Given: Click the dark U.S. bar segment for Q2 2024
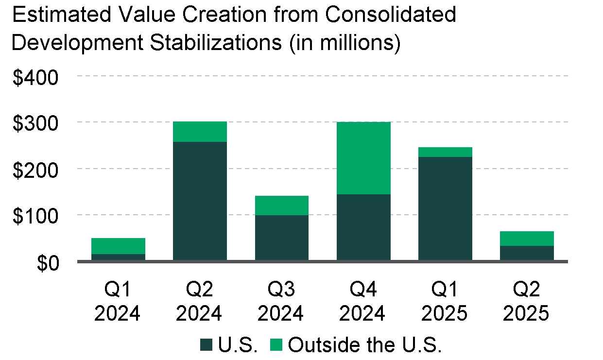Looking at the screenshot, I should tap(200, 201).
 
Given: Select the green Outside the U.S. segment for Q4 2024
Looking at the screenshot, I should tap(363, 158).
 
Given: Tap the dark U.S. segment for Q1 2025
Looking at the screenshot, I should tap(445, 209).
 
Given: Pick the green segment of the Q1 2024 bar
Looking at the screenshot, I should tap(118, 246).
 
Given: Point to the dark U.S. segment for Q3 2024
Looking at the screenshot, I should tap(282, 238).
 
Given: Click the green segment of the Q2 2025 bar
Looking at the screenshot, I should tap(527, 239).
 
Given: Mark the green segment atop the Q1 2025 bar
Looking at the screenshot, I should tap(445, 152).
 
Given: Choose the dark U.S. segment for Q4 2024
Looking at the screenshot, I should tap(363, 227).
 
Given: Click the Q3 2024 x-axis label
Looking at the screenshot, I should tap(281, 302).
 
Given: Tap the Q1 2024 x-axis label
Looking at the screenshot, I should tap(118, 302).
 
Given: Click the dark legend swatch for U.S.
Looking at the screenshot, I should tap(207, 345).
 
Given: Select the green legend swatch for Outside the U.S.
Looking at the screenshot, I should tap(276, 345).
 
